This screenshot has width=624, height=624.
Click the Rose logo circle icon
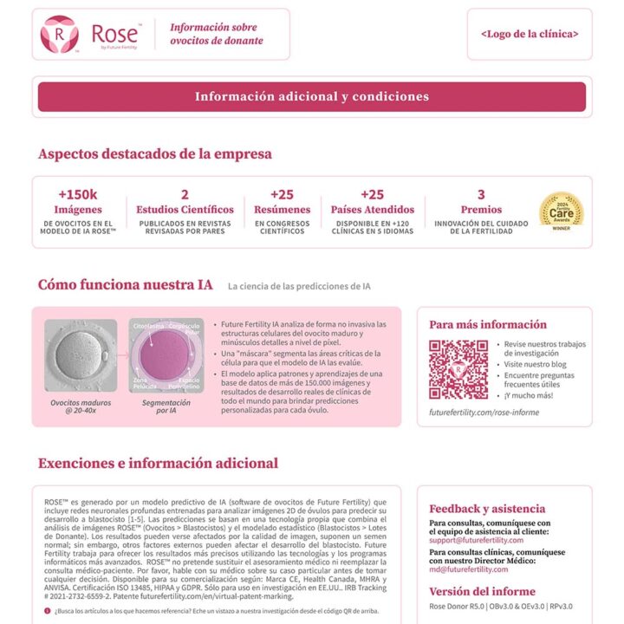[59, 34]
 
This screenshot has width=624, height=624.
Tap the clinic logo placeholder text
[530, 34]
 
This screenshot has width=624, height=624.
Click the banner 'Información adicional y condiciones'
[311, 96]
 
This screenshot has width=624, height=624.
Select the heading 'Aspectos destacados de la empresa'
[154, 154]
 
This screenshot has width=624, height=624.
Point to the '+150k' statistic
[78, 194]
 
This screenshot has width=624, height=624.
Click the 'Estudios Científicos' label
[185, 210]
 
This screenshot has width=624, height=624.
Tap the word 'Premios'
[481, 210]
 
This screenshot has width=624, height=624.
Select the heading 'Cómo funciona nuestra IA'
[125, 285]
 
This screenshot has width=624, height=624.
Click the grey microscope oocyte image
[80, 355]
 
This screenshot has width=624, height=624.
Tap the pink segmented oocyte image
[166, 355]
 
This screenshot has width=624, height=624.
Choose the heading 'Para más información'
[488, 325]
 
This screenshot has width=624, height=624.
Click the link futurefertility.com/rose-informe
[484, 413]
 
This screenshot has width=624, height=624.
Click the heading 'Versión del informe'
[482, 591]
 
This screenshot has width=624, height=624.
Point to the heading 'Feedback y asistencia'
[487, 509]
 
